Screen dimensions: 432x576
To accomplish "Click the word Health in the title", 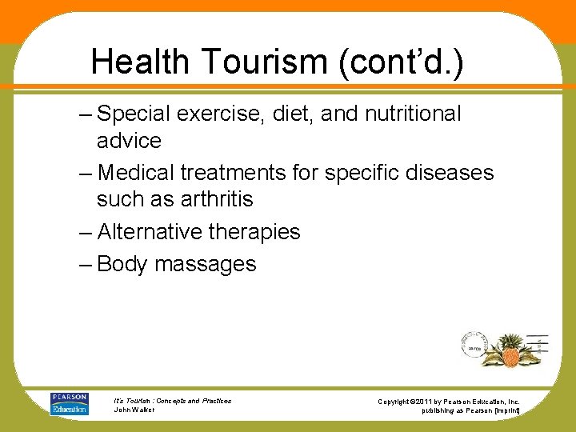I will click(139, 61).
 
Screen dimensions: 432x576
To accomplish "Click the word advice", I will click(129, 142).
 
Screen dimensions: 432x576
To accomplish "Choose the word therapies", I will click(254, 233).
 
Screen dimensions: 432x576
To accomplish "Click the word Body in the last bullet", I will click(122, 265).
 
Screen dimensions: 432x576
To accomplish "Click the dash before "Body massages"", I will click(86, 265).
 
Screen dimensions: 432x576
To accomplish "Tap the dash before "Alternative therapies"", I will click(86, 232).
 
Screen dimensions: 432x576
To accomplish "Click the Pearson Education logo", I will click(70, 404).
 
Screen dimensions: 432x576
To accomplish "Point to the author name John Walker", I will click(134, 410).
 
